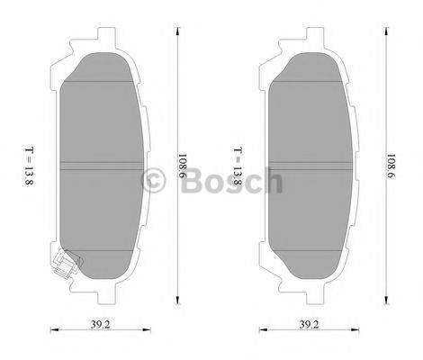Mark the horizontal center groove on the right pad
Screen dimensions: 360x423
tap(308, 165)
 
